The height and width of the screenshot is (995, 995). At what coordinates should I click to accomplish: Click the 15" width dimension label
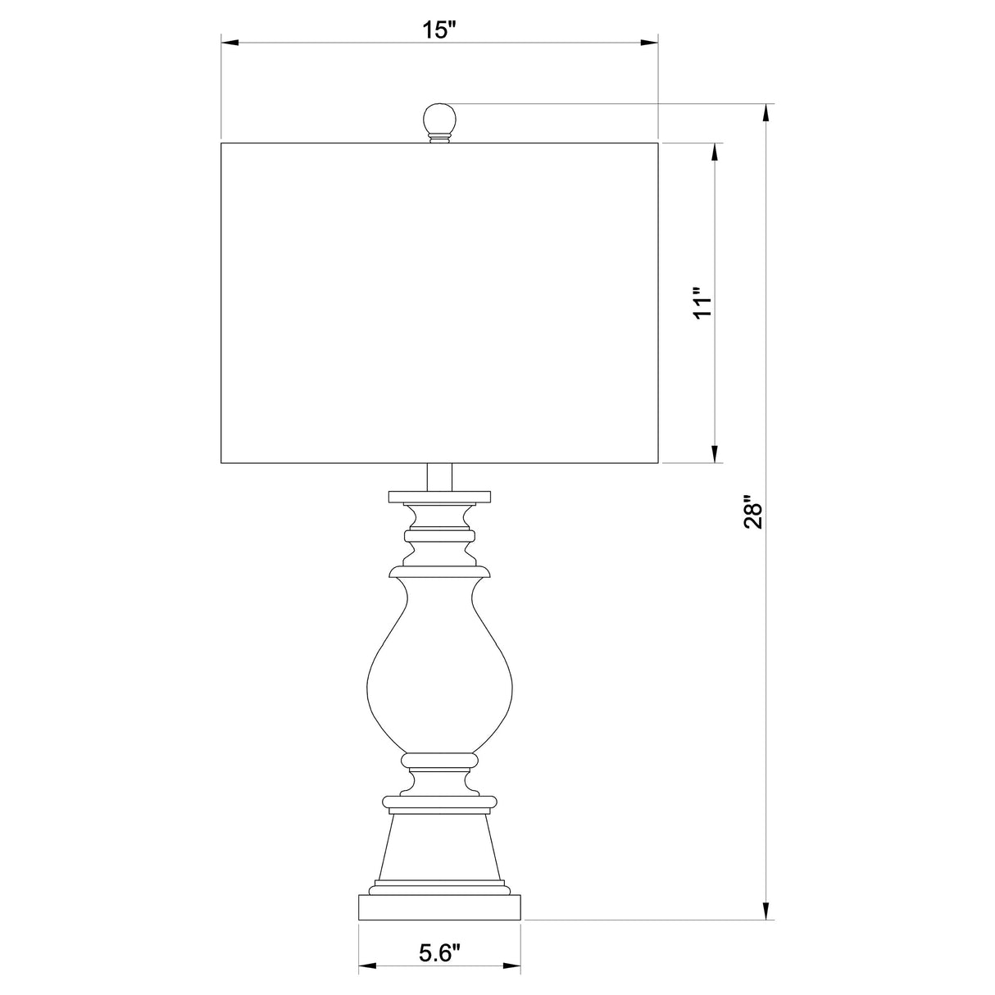pyautogui.click(x=439, y=30)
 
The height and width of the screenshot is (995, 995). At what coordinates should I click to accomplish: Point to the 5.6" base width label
pyautogui.click(x=439, y=952)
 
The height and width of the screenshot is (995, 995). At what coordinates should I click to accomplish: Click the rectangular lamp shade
pyautogui.click(x=439, y=303)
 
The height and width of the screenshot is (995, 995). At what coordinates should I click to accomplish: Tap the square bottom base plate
pyautogui.click(x=439, y=908)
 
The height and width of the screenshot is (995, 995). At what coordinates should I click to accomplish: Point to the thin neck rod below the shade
pyautogui.click(x=439, y=477)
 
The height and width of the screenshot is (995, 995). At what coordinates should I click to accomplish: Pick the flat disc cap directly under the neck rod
pyautogui.click(x=439, y=497)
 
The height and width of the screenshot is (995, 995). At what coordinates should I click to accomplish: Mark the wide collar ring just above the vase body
pyautogui.click(x=439, y=569)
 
